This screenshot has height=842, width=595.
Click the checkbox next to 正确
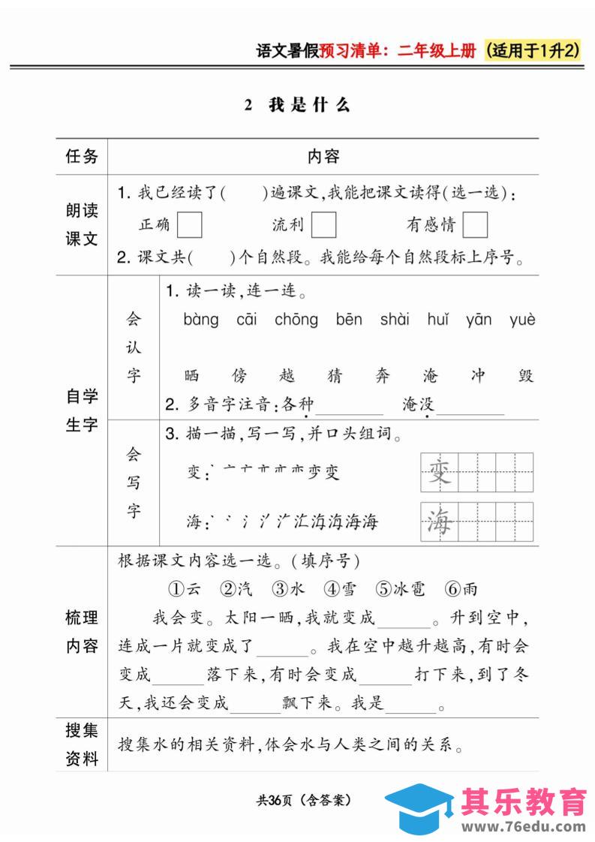(x=190, y=225)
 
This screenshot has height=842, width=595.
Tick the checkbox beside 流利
(x=323, y=225)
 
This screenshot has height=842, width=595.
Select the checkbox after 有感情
(x=475, y=225)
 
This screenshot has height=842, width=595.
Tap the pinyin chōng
(x=296, y=320)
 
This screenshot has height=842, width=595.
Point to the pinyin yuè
(x=522, y=320)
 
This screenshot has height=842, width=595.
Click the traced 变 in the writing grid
(x=439, y=472)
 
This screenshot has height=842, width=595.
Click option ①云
(x=183, y=588)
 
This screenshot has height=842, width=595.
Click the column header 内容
(x=323, y=156)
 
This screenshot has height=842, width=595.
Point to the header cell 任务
(x=82, y=156)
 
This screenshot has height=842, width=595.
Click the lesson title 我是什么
(x=308, y=105)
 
